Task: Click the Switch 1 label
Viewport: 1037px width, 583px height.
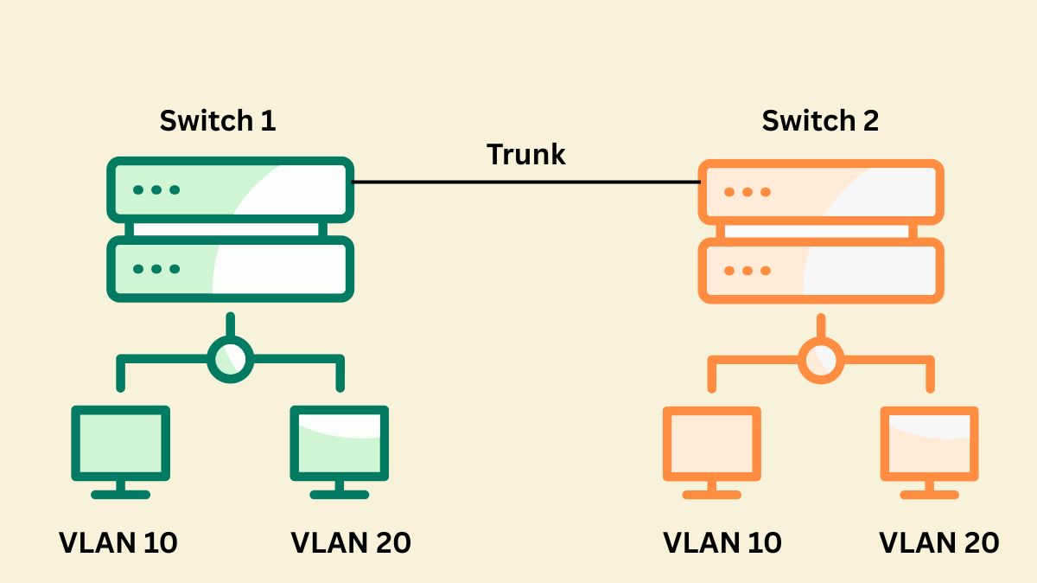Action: [218, 120]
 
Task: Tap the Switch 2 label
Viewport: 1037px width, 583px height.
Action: [819, 120]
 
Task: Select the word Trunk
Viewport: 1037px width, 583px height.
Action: [525, 154]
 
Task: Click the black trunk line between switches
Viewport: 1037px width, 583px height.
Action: [525, 183]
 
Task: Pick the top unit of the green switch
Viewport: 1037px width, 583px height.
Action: [230, 189]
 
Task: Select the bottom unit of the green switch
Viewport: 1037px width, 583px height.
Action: [230, 269]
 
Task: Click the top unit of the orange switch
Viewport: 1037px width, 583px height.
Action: [820, 192]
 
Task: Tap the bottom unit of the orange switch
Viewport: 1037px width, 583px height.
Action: [820, 271]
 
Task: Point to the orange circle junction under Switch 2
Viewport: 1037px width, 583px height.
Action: [820, 359]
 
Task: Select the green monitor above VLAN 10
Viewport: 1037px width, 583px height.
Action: [120, 443]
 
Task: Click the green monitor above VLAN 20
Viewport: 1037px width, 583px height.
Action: [339, 443]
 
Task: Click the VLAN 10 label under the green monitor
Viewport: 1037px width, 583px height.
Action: [118, 542]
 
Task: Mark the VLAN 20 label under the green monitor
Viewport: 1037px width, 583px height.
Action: [351, 542]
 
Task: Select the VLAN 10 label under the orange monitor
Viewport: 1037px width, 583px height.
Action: [722, 542]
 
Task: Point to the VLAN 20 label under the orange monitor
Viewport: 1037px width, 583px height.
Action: [939, 542]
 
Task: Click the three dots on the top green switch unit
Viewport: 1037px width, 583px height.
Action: [156, 189]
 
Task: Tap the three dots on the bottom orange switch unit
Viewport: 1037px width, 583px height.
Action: [747, 271]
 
